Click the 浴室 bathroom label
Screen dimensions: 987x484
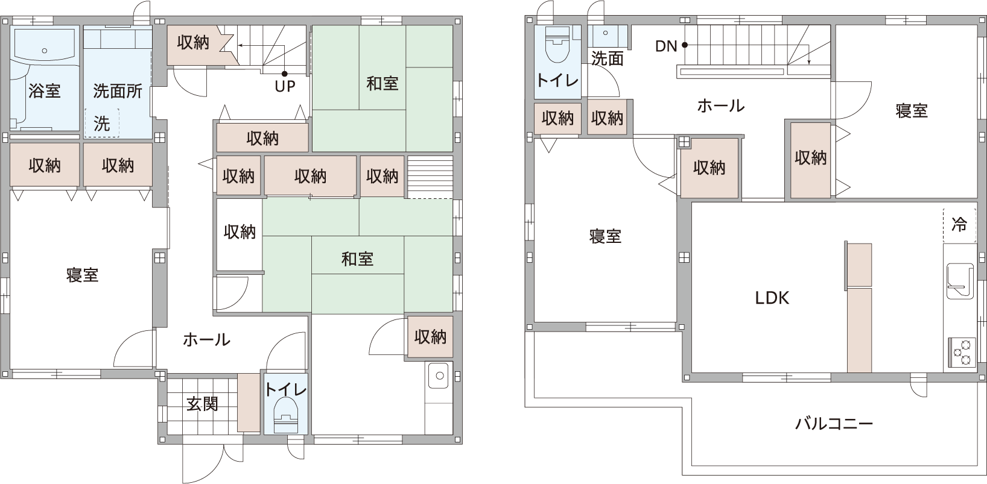(45, 91)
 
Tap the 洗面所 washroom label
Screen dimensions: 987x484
(118, 91)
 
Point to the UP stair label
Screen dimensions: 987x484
(285, 86)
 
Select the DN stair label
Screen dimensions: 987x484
(666, 46)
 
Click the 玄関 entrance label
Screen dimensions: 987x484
(202, 403)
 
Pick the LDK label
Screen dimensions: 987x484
(772, 298)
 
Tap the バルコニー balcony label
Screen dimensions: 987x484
(834, 424)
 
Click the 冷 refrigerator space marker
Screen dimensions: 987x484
(959, 224)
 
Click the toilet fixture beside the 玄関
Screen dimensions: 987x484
(286, 417)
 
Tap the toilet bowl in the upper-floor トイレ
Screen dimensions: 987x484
(557, 45)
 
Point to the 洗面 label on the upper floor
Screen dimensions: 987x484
(607, 58)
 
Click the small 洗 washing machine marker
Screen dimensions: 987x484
(102, 124)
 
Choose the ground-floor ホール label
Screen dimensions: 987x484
(206, 339)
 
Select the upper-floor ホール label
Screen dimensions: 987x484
(721, 105)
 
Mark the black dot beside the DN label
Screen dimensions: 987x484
(685, 45)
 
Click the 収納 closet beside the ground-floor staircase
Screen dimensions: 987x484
(193, 43)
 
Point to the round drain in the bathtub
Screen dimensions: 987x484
(45, 51)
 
